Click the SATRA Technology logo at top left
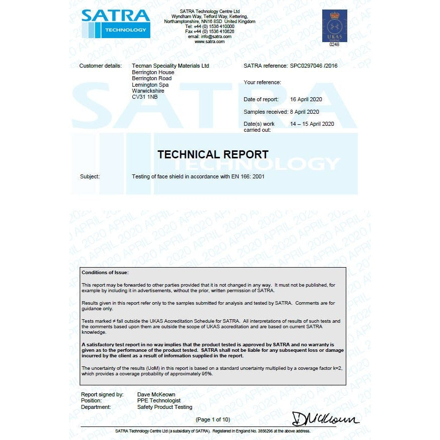click(115, 23)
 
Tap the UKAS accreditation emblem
click(334, 26)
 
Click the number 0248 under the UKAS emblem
click(334, 45)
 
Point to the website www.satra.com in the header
click(209, 42)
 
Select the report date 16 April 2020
click(306, 99)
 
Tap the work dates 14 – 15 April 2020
click(312, 124)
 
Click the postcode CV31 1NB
click(144, 97)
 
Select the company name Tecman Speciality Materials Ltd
click(170, 66)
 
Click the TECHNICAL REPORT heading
click(212, 154)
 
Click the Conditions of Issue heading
click(105, 272)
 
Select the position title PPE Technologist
click(159, 400)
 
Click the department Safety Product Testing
click(164, 407)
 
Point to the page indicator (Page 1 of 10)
click(213, 419)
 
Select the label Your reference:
click(262, 82)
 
